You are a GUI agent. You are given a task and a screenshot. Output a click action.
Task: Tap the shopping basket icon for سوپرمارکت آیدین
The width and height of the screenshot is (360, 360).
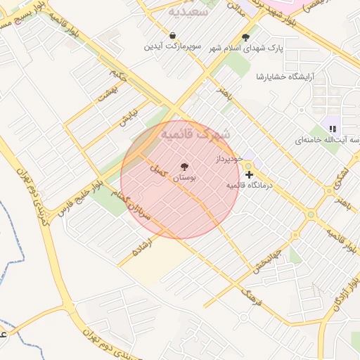[173, 35]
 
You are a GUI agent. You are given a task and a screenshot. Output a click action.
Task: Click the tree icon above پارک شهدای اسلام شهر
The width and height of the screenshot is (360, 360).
[245, 37]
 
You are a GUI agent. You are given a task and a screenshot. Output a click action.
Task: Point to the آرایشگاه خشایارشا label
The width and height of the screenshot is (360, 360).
[309, 76]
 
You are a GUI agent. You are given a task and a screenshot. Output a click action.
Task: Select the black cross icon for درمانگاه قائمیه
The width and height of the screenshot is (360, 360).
[249, 174]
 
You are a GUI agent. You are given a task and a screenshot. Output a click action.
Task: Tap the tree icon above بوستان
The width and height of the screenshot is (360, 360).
[184, 167]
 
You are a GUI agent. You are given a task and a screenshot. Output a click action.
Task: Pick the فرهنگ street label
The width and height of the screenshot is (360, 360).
[250, 296]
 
